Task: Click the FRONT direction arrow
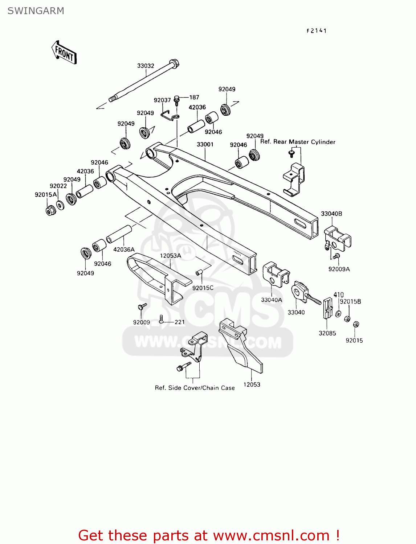64,53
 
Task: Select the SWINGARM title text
36,11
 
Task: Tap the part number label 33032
146,66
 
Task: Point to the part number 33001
205,144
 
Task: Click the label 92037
162,100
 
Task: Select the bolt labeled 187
177,99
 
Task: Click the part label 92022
58,186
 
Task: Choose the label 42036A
124,250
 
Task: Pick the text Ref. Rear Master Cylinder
298,142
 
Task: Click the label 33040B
331,214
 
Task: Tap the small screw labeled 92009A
336,256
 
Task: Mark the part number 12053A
170,256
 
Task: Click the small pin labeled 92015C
199,272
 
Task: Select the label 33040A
272,300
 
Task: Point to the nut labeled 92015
356,324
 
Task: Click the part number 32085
327,333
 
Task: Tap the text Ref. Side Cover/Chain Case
195,388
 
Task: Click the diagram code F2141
317,31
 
